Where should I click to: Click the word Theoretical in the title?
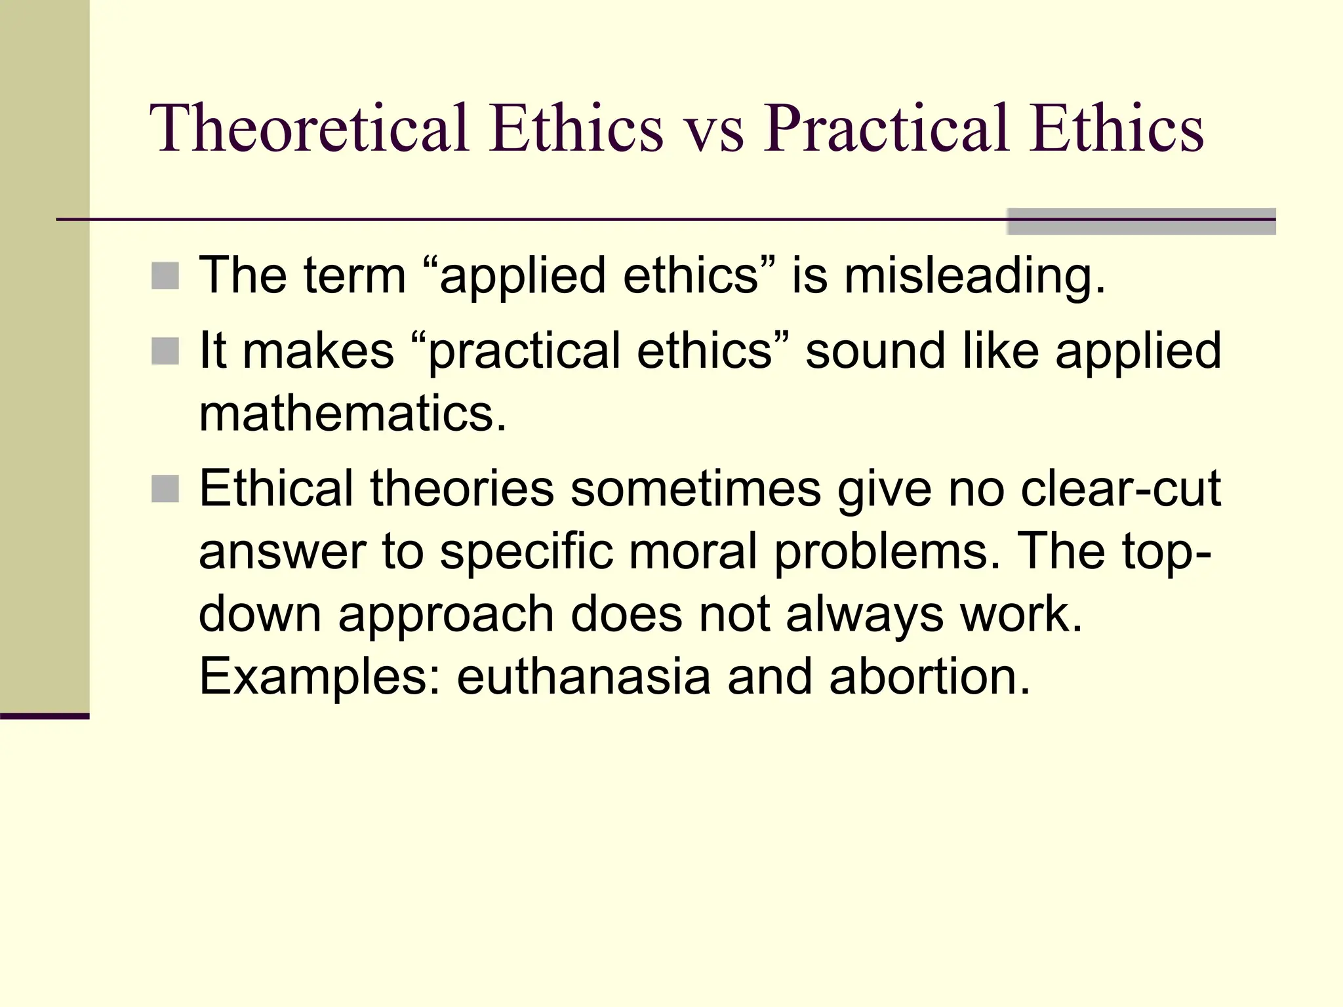(x=309, y=128)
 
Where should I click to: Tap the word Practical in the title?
(x=886, y=128)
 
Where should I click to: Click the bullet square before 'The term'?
(x=165, y=276)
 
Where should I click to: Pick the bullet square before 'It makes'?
(x=165, y=351)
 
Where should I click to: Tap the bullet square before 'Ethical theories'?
(x=165, y=489)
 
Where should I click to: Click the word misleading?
(x=974, y=276)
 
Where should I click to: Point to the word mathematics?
(x=353, y=414)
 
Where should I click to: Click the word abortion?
(x=929, y=677)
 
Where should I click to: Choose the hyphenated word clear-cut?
(x=1120, y=489)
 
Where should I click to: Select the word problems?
(x=887, y=552)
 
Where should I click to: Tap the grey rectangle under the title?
(x=1141, y=222)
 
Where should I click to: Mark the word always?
(x=864, y=615)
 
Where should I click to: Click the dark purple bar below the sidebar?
(x=45, y=716)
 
